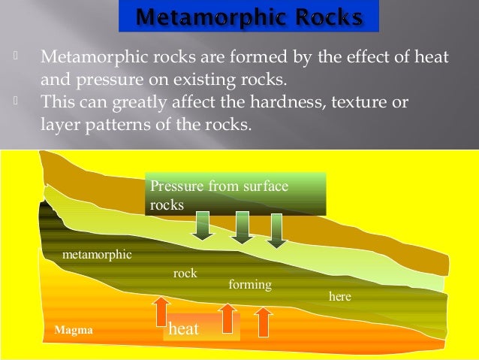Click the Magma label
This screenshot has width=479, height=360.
tap(74, 330)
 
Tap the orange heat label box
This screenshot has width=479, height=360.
tap(201, 328)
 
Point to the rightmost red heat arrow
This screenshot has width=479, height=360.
tap(264, 321)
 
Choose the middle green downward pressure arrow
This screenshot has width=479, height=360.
tap(242, 228)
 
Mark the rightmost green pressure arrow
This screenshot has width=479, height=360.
tap(277, 230)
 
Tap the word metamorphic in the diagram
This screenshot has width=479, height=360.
tap(97, 255)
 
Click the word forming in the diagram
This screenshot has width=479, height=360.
tap(249, 285)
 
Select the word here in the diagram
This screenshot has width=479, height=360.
tap(340, 297)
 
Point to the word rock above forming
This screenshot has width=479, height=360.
tap(185, 274)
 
